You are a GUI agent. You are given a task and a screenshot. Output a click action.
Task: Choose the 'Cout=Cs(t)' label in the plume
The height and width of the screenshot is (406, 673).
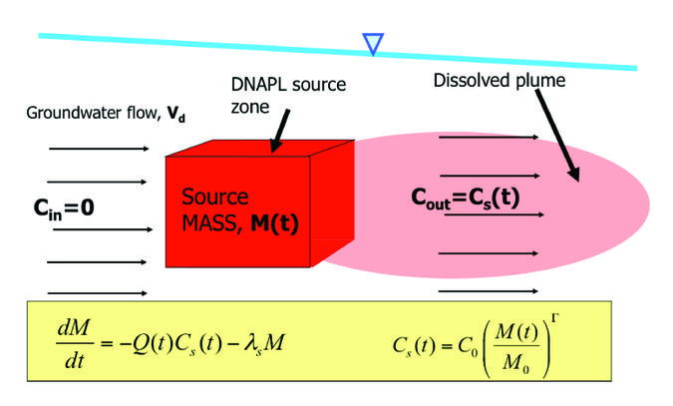tap(466, 197)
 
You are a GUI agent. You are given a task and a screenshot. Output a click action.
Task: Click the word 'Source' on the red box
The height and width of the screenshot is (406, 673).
tap(215, 198)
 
